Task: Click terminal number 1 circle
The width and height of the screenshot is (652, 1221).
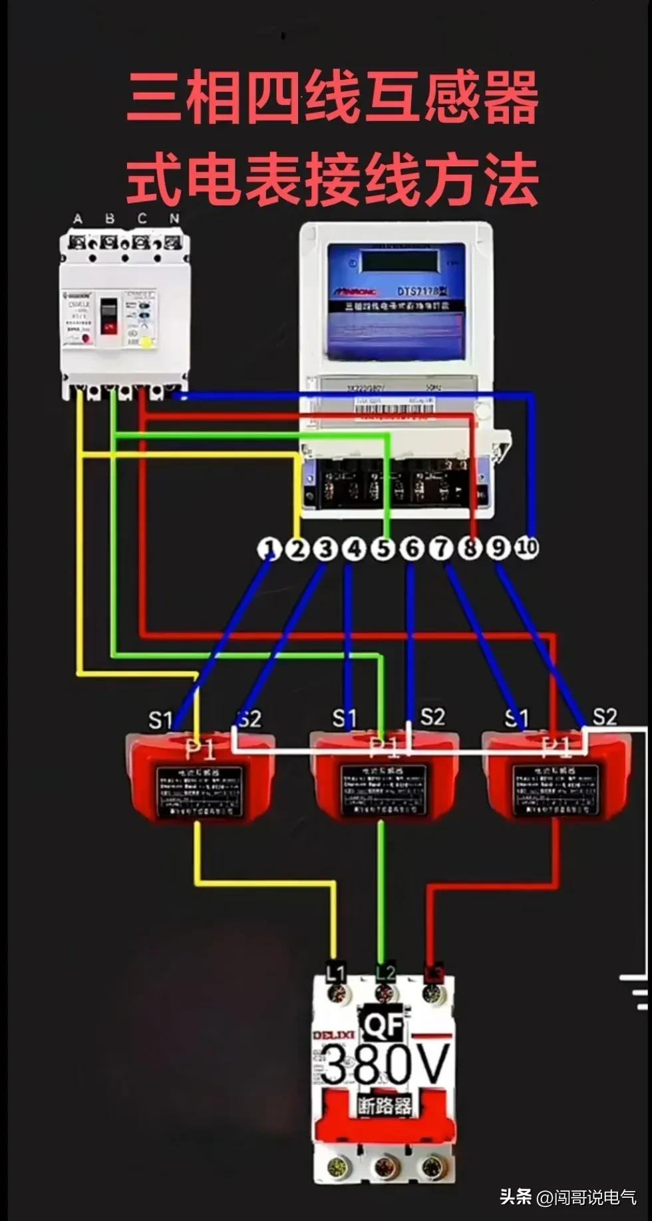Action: (269, 549)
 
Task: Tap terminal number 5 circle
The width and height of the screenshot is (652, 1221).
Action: (383, 549)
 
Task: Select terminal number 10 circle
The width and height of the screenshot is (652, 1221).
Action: (527, 547)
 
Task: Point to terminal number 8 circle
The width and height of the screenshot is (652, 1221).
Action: (470, 549)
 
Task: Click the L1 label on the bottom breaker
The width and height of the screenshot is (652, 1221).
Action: (335, 973)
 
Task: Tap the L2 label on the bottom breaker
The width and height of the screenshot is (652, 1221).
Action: (385, 972)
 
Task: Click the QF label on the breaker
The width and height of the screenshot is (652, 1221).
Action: (383, 1025)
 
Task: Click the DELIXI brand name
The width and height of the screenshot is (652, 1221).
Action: (333, 1035)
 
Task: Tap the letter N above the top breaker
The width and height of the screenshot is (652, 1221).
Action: (174, 218)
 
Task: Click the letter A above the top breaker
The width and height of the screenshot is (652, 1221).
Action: (78, 218)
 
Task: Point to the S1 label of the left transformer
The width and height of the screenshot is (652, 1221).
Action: (160, 720)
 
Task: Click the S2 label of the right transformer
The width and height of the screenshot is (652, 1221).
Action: (604, 716)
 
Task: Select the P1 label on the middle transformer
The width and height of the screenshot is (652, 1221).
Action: (384, 747)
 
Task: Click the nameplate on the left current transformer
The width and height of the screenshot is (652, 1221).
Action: (200, 791)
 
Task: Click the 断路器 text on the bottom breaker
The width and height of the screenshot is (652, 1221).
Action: (385, 1105)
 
